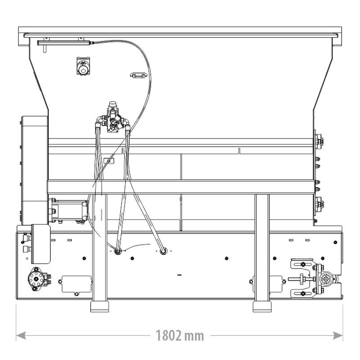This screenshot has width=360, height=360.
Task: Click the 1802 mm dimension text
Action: point(180,336)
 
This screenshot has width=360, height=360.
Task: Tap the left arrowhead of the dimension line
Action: point(21,335)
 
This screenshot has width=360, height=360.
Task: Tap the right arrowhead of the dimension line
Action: point(338,335)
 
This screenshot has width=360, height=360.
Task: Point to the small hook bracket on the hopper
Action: point(139,75)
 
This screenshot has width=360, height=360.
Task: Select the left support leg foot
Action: point(99,306)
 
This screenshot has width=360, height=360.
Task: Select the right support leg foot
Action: point(262,306)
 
